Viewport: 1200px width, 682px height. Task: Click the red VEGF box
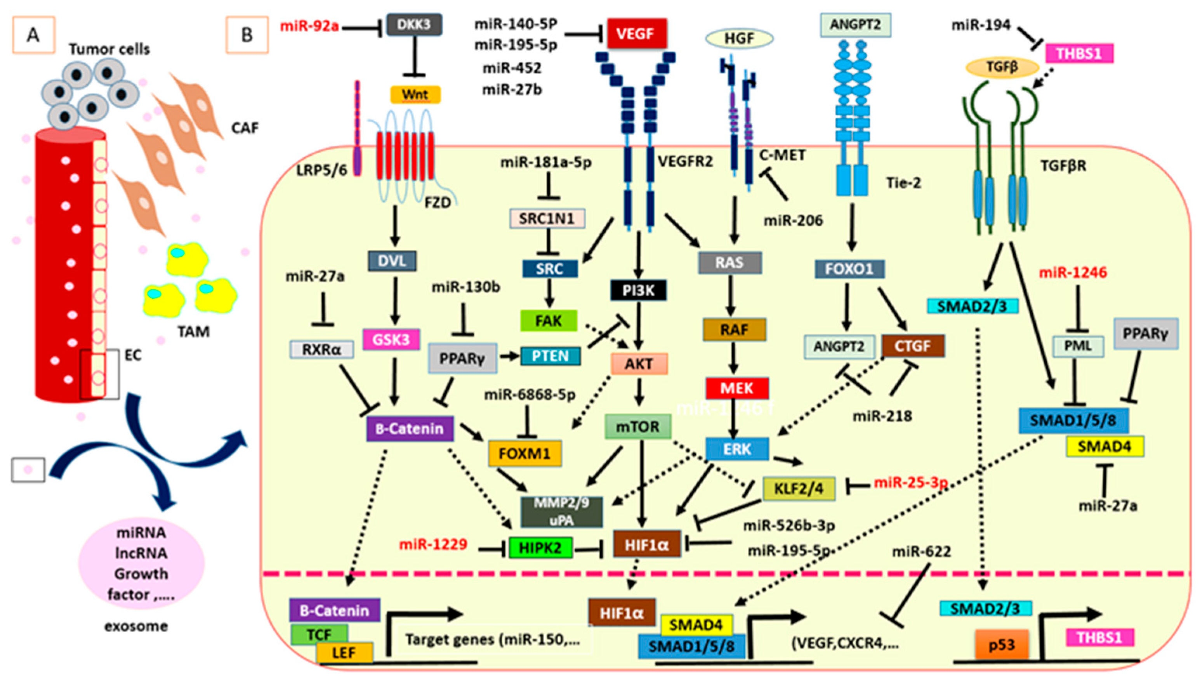point(636,34)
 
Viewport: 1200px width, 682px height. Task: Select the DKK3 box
point(414,24)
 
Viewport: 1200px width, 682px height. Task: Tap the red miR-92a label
point(309,26)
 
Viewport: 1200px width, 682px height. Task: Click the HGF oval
point(739,39)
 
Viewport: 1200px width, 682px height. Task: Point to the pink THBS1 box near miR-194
point(1079,53)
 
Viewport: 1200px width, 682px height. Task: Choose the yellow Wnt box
point(415,95)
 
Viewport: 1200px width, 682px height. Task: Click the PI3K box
point(638,291)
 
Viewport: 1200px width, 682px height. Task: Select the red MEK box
point(736,388)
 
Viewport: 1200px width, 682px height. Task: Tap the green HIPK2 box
point(540,548)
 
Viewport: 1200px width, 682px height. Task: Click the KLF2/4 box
point(798,489)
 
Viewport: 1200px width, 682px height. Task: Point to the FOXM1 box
point(524,453)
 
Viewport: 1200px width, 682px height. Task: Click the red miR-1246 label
point(1073,273)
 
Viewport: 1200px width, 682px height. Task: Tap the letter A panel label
point(33,35)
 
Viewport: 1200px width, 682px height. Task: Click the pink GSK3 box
point(391,339)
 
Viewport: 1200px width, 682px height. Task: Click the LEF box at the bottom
point(344,652)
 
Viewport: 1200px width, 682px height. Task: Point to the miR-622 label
point(921,552)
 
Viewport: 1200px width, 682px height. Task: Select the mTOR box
point(637,427)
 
